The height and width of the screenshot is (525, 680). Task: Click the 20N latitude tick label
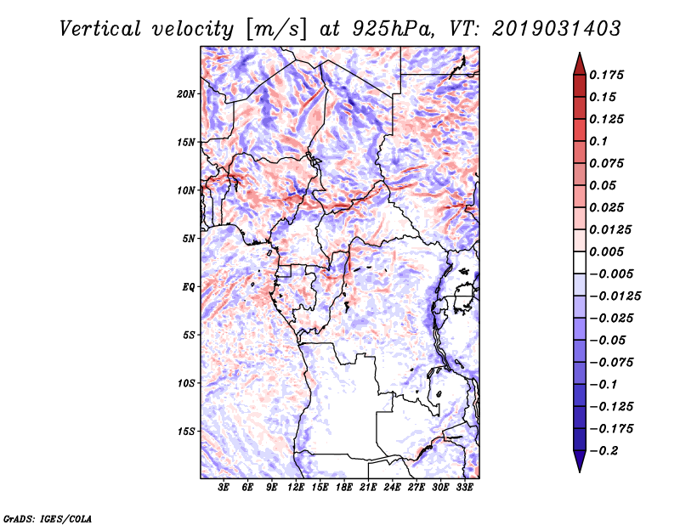click(x=186, y=94)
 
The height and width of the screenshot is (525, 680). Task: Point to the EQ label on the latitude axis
click(x=188, y=287)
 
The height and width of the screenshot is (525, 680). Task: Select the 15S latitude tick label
click(x=186, y=432)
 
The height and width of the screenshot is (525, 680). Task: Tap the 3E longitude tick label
click(x=224, y=487)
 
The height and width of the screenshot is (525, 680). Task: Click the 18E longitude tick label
click(x=344, y=487)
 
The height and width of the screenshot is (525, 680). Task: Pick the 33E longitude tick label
click(x=464, y=487)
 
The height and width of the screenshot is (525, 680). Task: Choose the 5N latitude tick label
click(x=189, y=239)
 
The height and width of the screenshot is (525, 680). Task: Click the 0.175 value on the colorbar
click(x=606, y=75)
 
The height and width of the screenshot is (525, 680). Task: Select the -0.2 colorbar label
click(x=603, y=451)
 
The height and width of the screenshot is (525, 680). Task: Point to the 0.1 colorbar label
click(x=598, y=141)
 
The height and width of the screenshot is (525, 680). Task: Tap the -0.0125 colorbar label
click(x=615, y=296)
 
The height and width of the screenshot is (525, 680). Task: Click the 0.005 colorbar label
click(x=606, y=251)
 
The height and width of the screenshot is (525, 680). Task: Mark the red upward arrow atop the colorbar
click(x=580, y=64)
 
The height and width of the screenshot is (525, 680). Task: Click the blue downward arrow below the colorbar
click(x=580, y=461)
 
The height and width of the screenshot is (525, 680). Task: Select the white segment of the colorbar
click(x=580, y=262)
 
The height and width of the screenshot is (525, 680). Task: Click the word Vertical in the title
click(x=99, y=29)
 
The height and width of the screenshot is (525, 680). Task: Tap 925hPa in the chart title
click(x=393, y=29)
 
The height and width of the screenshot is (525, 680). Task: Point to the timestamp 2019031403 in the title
click(x=557, y=29)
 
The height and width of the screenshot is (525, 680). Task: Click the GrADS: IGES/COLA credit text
click(x=48, y=519)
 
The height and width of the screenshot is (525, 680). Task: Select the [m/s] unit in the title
click(x=276, y=29)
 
